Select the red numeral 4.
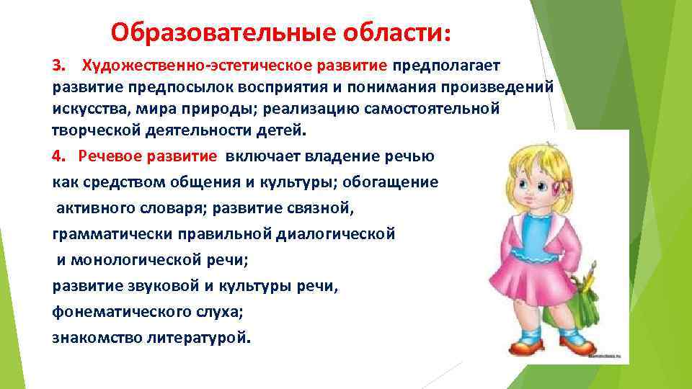pyautogui.click(x=58, y=156)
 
